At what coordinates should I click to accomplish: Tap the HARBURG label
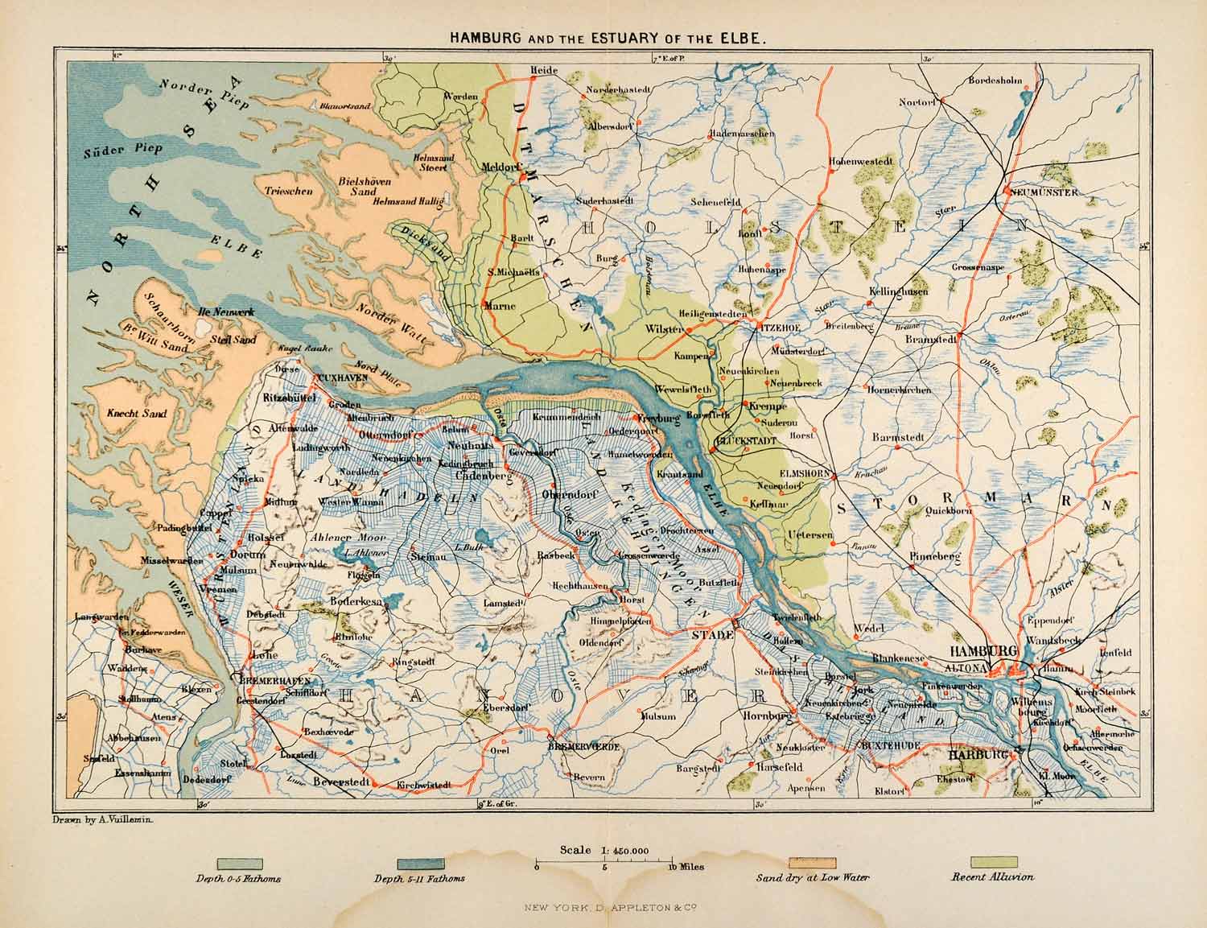click(977, 757)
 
